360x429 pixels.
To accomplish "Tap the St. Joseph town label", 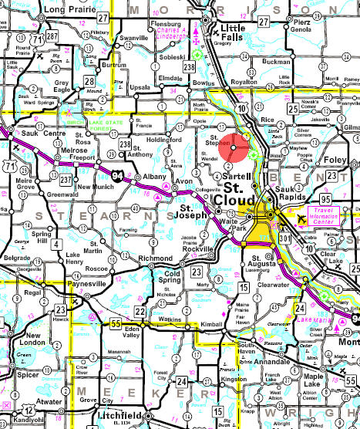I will [x=195, y=211].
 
